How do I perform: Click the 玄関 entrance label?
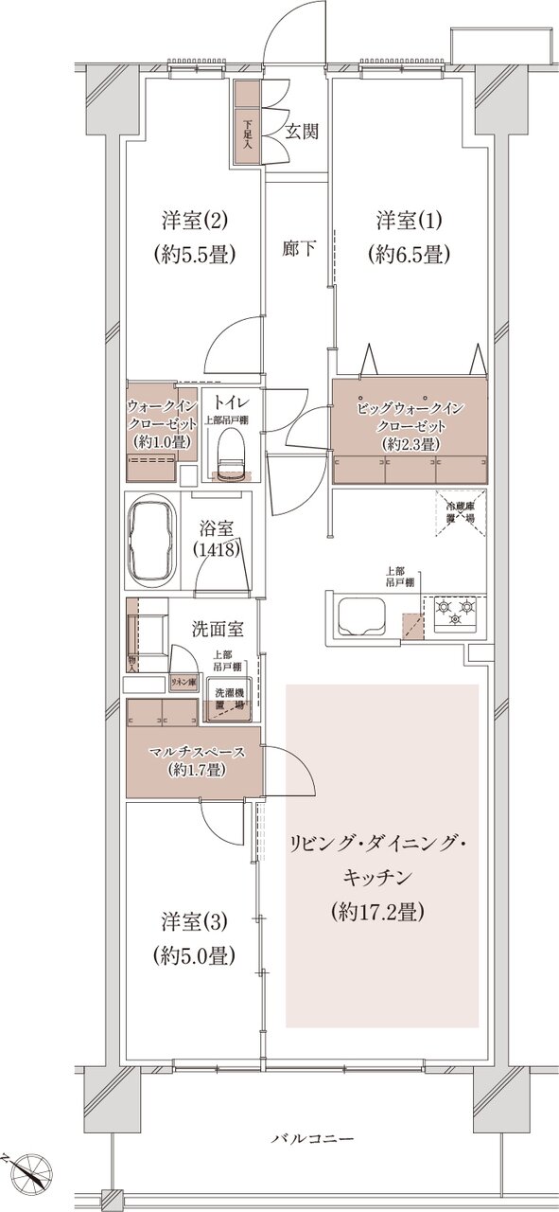coord(302,130)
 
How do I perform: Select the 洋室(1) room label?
coord(409,221)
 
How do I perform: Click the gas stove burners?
coord(455,612)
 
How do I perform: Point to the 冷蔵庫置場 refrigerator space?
coord(460,514)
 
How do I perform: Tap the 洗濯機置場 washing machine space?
coord(227,700)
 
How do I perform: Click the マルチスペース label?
coord(197,753)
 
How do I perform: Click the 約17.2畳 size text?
coord(378,912)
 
